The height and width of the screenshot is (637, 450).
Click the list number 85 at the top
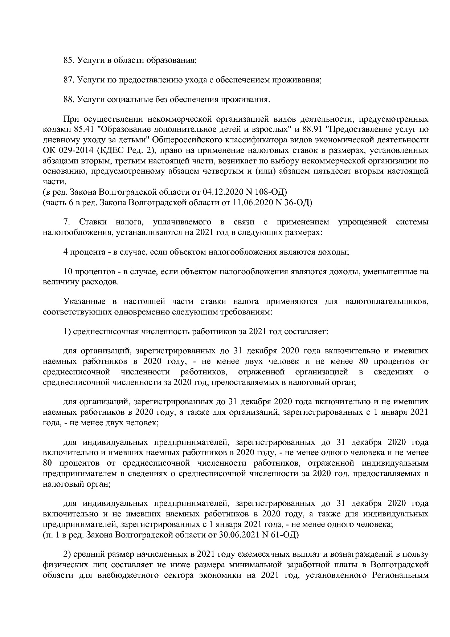coord(68,60)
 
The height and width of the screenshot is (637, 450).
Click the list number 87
coord(68,80)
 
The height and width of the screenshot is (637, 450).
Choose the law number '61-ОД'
coord(285,535)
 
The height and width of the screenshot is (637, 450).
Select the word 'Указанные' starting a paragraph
coord(84,301)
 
